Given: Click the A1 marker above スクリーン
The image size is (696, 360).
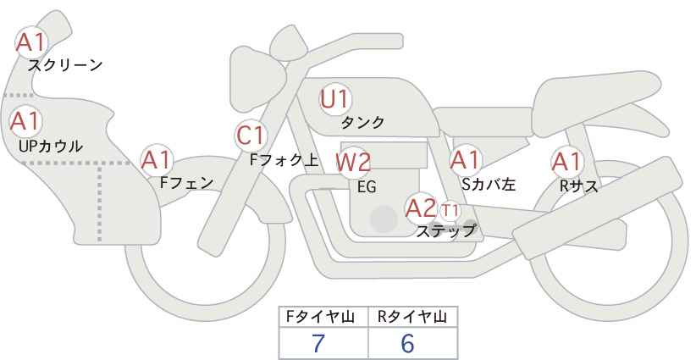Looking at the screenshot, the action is click(x=30, y=42).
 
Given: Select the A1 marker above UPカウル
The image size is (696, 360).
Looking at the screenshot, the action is click(x=25, y=121).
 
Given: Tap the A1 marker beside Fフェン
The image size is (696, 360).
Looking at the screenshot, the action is click(x=156, y=160).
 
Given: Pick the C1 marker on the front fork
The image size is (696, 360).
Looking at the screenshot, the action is click(x=251, y=136).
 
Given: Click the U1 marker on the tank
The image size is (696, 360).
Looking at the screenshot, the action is click(x=335, y=99).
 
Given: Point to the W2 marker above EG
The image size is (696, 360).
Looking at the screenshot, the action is click(x=352, y=162).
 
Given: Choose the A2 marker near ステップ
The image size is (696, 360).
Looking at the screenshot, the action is click(x=421, y=208).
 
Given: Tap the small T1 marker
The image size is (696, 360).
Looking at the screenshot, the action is click(x=450, y=210).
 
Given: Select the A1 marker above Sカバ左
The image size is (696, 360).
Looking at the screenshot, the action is click(x=465, y=160).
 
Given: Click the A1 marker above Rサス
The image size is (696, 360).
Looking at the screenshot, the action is click(x=566, y=162).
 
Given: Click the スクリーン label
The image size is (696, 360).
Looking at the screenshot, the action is click(x=65, y=66).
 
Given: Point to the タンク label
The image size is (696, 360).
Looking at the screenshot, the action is click(x=362, y=122).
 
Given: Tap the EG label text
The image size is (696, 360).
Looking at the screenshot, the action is click(x=367, y=187).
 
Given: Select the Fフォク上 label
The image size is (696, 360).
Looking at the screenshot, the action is click(x=284, y=160).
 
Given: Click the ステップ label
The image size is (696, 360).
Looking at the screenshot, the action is click(x=445, y=231).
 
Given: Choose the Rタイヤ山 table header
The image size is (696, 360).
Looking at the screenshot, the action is click(x=412, y=317).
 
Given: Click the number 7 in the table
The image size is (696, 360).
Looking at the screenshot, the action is click(x=318, y=343).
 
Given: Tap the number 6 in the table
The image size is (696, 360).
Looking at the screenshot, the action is click(x=407, y=343).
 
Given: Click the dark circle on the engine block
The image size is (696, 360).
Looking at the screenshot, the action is click(x=384, y=219).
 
